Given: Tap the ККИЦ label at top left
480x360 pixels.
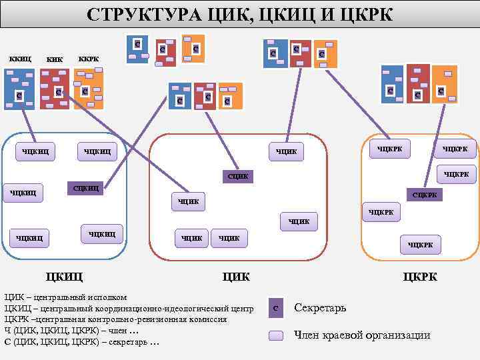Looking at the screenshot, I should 20,59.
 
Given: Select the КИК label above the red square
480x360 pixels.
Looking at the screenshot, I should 55,60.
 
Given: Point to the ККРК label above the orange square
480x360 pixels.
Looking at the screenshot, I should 89,59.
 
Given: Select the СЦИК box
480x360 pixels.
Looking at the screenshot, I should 238,176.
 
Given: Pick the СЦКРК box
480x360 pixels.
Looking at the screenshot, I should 425,195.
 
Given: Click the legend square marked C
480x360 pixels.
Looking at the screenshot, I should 276,308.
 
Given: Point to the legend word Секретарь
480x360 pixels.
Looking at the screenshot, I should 320,308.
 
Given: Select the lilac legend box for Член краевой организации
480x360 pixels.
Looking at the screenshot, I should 277,335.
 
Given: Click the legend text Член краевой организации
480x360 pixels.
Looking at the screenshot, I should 362,335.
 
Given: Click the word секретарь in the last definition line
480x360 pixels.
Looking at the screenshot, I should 126,342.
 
